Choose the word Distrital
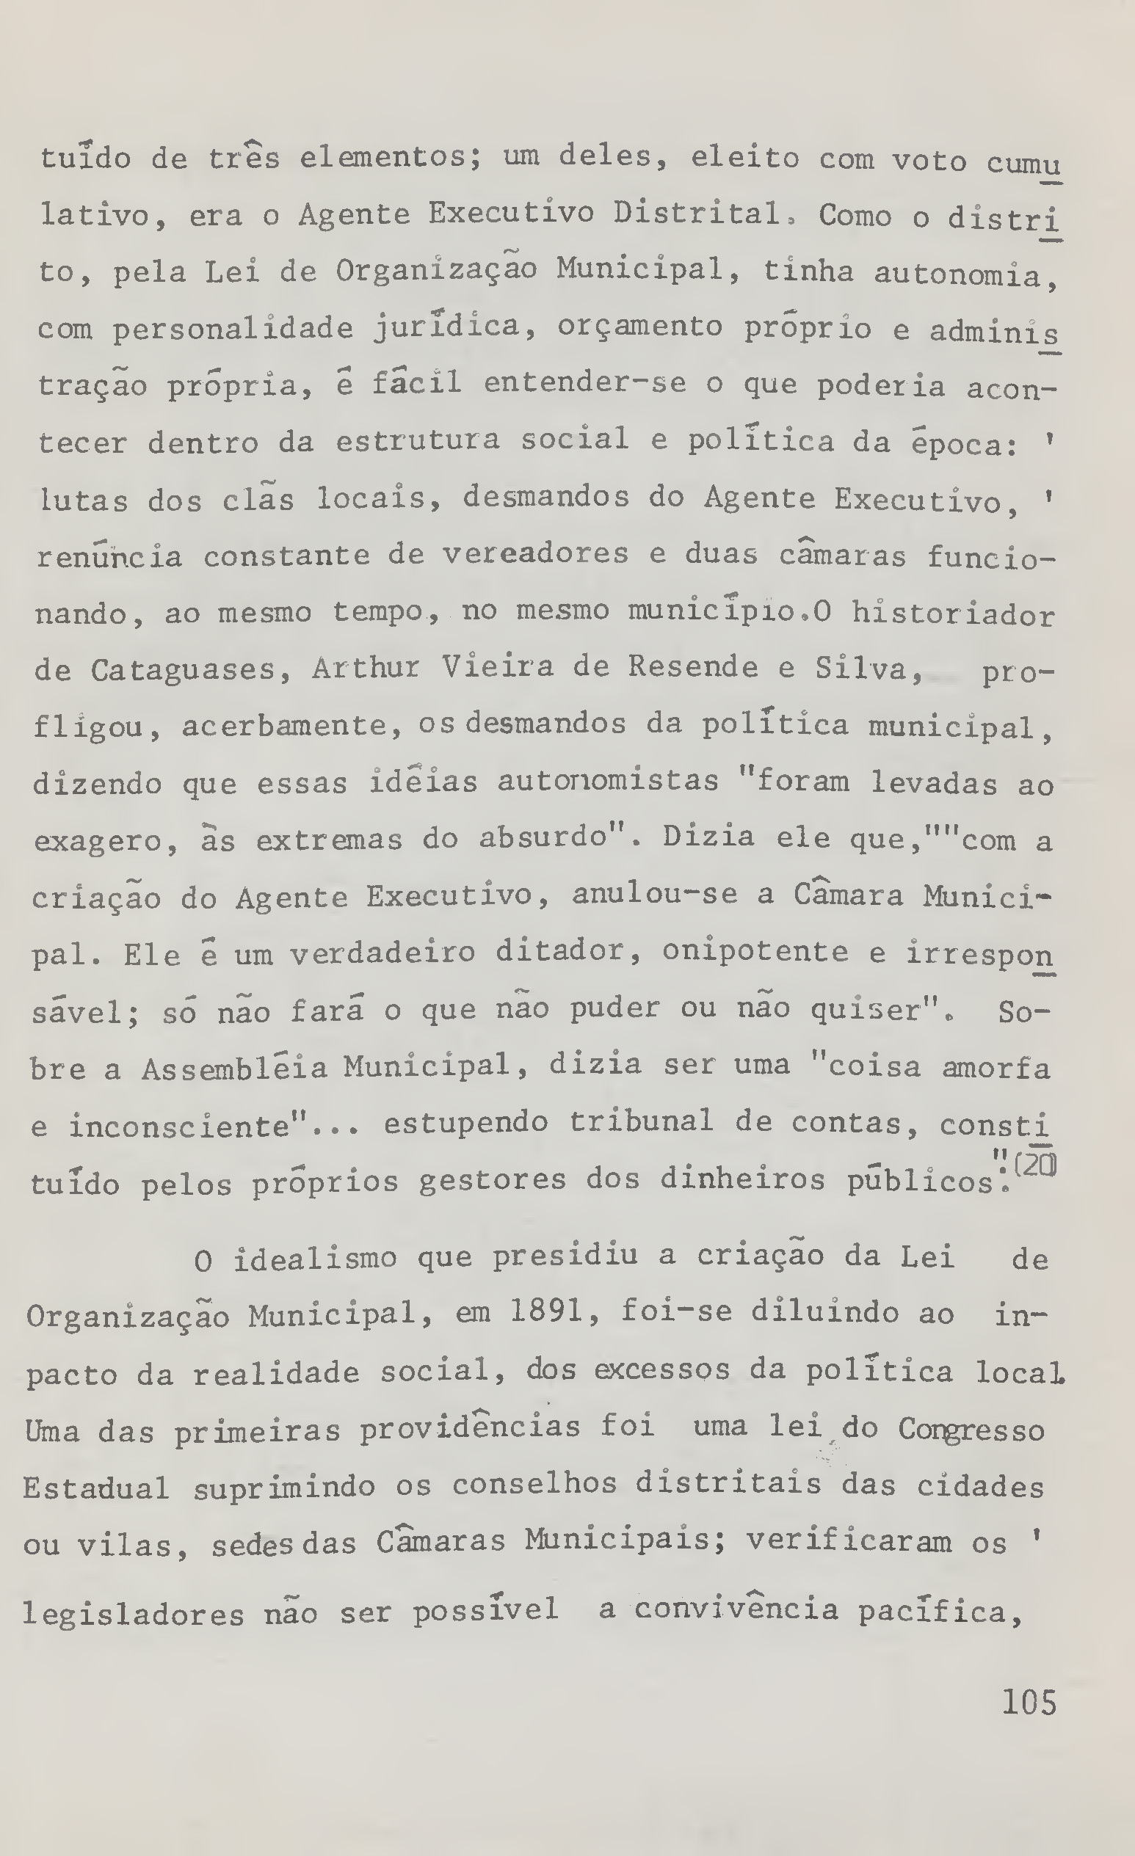pyautogui.click(x=697, y=215)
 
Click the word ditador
pyautogui.click(x=559, y=952)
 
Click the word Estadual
pyautogui.click(x=96, y=1488)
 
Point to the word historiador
pyautogui.click(x=953, y=615)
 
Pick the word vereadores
pyautogui.click(x=535, y=555)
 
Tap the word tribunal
pyautogui.click(x=641, y=1122)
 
